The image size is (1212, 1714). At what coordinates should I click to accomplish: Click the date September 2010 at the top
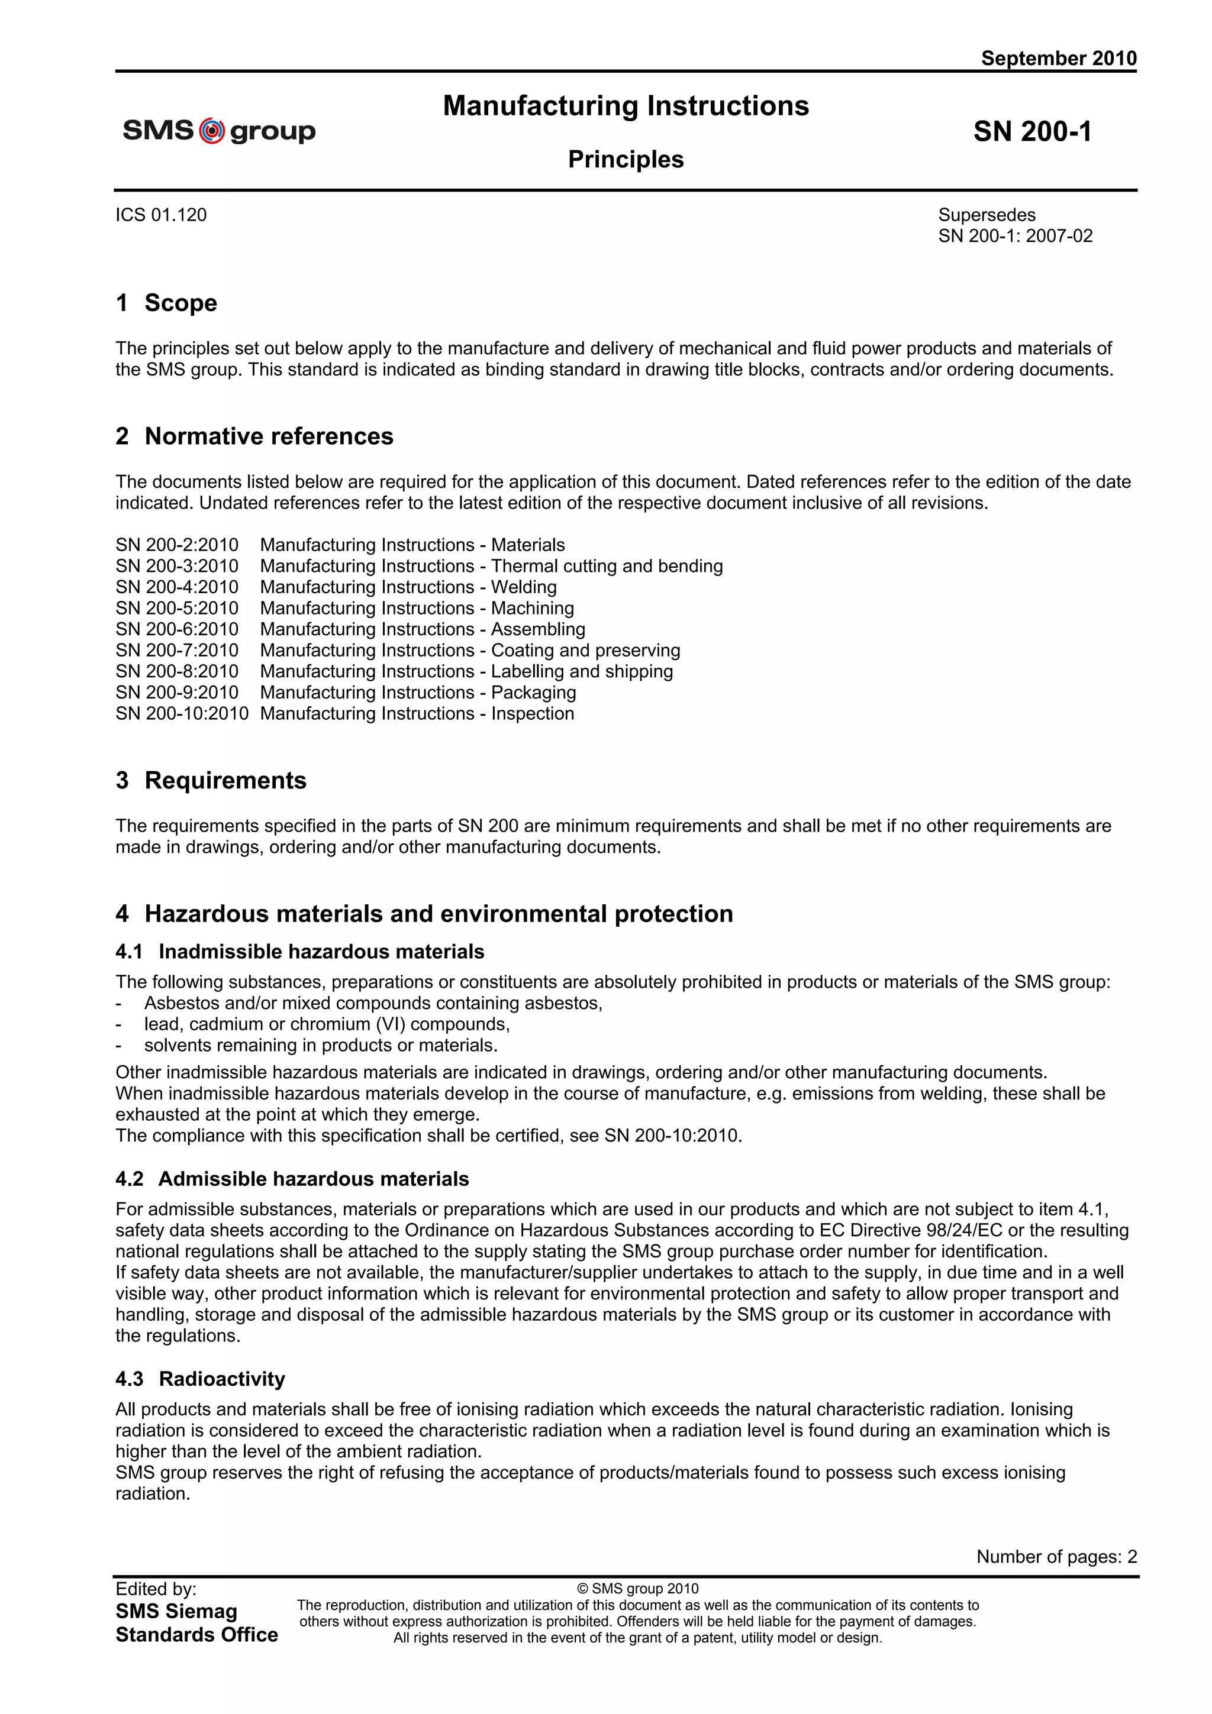tap(1058, 58)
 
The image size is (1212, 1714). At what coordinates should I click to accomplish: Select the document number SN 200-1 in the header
tap(1032, 131)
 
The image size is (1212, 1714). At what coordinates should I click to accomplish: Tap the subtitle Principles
tap(626, 159)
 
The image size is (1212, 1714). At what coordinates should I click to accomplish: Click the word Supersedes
tap(987, 215)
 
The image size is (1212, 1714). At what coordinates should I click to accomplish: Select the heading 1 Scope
tap(166, 303)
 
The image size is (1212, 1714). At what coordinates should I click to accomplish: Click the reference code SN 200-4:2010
tap(177, 587)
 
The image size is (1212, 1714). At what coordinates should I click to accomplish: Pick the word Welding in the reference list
tap(524, 587)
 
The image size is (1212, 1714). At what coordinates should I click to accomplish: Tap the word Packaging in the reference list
tap(533, 692)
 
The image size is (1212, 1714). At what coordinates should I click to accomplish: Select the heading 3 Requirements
tap(211, 780)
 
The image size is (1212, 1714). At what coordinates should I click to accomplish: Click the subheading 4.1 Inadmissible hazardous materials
tap(299, 951)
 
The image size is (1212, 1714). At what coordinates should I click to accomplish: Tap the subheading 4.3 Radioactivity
tap(200, 1378)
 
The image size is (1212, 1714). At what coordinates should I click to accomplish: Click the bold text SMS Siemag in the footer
tap(176, 1611)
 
